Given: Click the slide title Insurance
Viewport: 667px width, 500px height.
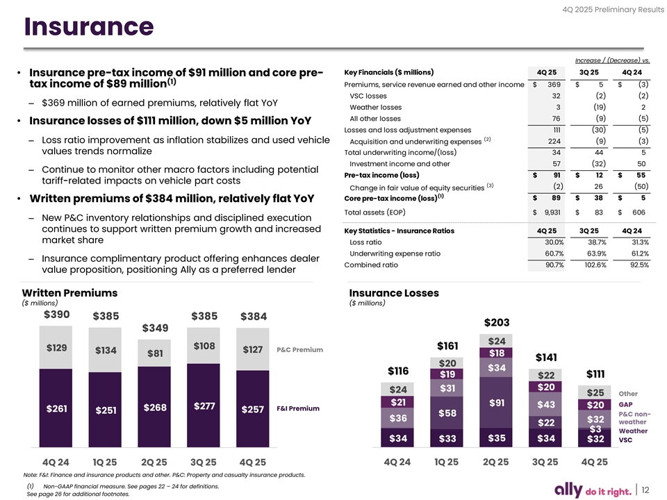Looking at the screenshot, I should tap(89, 28).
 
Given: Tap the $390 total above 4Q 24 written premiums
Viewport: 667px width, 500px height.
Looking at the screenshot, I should tap(56, 315).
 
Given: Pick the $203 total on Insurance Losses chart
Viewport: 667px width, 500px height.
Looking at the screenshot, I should tap(496, 323).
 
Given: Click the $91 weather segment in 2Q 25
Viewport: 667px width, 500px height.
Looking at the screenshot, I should tap(496, 403).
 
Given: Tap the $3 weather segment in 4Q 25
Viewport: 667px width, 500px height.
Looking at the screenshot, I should tap(595, 428).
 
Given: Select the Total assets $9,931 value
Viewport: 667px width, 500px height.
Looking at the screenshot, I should tap(545, 212).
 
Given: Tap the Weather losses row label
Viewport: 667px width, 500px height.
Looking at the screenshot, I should tap(375, 107).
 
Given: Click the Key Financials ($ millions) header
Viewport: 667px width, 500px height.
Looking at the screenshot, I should tap(389, 73).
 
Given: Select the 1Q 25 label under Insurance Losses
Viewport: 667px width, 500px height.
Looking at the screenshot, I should tap(447, 462).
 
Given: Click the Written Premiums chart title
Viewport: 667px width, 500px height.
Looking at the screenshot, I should tap(69, 293).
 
